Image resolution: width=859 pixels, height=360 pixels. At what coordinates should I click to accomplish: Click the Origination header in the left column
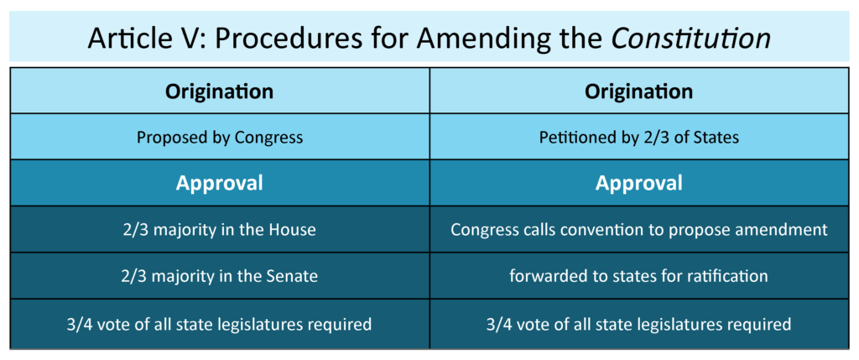(219, 91)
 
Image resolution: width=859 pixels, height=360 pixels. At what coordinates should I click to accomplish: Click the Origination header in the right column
(639, 91)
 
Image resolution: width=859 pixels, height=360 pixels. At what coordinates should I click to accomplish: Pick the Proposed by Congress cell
(219, 137)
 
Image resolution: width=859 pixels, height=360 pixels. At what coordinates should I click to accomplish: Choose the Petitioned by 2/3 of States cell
(639, 137)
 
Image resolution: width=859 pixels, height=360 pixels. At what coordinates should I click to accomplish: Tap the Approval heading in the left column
(219, 183)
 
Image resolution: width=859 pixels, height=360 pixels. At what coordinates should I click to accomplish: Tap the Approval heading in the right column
(639, 183)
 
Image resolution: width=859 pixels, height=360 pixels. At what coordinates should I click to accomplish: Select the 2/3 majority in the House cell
(219, 229)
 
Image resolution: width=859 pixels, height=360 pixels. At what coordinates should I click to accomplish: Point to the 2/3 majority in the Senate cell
(219, 275)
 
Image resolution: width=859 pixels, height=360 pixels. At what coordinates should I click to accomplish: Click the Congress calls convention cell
(639, 229)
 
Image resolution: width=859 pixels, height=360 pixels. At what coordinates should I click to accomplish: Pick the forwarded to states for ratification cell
(639, 275)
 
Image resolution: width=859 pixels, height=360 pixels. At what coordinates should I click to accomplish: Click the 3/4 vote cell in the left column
(219, 323)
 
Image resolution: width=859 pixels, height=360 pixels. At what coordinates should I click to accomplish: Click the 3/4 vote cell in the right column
(639, 323)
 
